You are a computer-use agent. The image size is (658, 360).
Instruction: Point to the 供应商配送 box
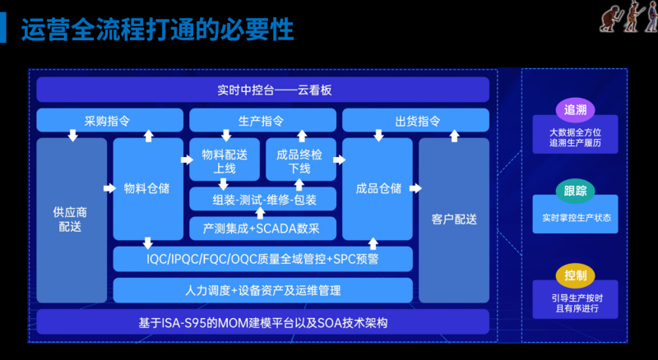click(71, 219)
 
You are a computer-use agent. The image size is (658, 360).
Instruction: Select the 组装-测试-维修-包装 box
click(264, 199)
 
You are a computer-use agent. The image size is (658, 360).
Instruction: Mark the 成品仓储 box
click(378, 188)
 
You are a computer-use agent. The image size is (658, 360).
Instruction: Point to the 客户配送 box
click(454, 219)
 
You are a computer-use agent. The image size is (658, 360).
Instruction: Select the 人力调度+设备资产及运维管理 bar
click(263, 290)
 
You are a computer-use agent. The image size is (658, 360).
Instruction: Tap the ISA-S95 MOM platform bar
click(263, 321)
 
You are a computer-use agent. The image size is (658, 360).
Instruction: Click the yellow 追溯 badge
click(575, 109)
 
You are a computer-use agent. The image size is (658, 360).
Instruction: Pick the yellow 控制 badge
click(575, 274)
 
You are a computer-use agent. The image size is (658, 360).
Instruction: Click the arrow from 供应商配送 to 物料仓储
click(109, 188)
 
